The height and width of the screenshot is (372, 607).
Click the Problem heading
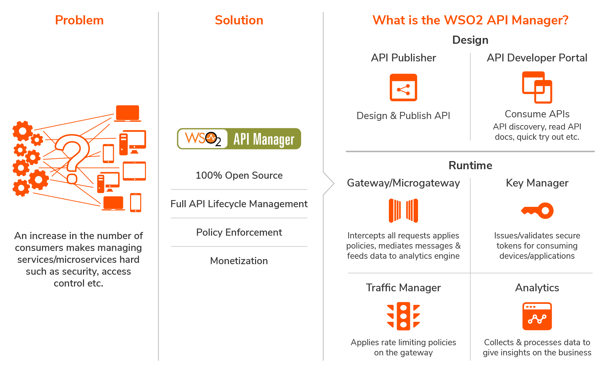click(x=79, y=20)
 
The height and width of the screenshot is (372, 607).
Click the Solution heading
click(x=239, y=20)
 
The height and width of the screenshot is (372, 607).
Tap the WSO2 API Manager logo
click(x=239, y=139)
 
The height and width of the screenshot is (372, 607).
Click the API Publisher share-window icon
click(x=403, y=87)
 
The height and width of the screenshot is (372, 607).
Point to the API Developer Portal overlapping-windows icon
click(x=537, y=87)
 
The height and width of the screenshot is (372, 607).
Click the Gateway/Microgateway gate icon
click(x=403, y=211)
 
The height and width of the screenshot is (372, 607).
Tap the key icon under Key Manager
click(x=537, y=211)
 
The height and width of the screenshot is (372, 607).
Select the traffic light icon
click(x=403, y=316)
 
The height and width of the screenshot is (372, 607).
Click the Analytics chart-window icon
click(x=537, y=316)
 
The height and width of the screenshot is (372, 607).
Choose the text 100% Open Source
click(x=239, y=175)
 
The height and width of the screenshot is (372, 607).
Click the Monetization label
click(x=239, y=261)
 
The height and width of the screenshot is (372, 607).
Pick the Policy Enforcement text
click(x=239, y=232)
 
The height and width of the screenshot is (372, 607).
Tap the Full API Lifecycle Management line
click(x=239, y=204)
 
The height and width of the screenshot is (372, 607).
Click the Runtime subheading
click(x=470, y=165)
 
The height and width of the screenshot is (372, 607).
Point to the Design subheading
click(x=470, y=40)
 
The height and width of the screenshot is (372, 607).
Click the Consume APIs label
click(x=537, y=114)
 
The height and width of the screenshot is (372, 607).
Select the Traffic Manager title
click(x=403, y=288)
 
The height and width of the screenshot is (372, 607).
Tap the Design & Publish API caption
click(x=403, y=116)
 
